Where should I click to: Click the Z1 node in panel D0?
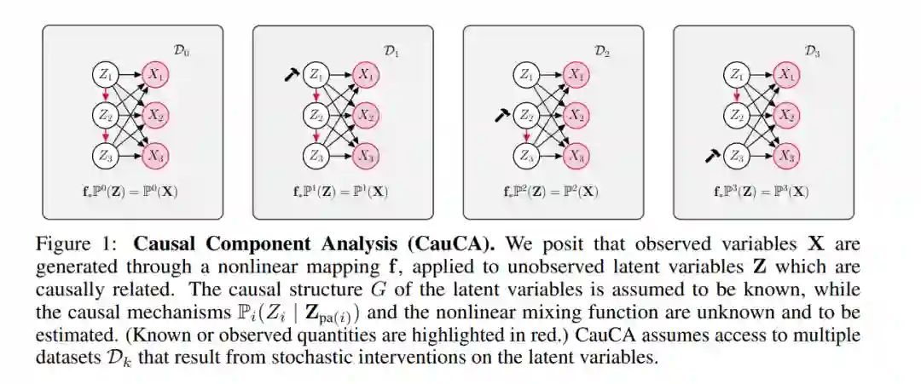click(106, 74)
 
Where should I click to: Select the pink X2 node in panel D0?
click(156, 115)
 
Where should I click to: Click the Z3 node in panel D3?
click(735, 155)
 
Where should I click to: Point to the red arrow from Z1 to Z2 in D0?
click(106, 95)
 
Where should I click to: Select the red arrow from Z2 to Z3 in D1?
click(316, 135)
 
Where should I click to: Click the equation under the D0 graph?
click(131, 191)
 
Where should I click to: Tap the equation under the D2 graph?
click(552, 191)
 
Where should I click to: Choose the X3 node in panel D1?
click(366, 155)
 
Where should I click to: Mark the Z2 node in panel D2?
click(526, 115)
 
